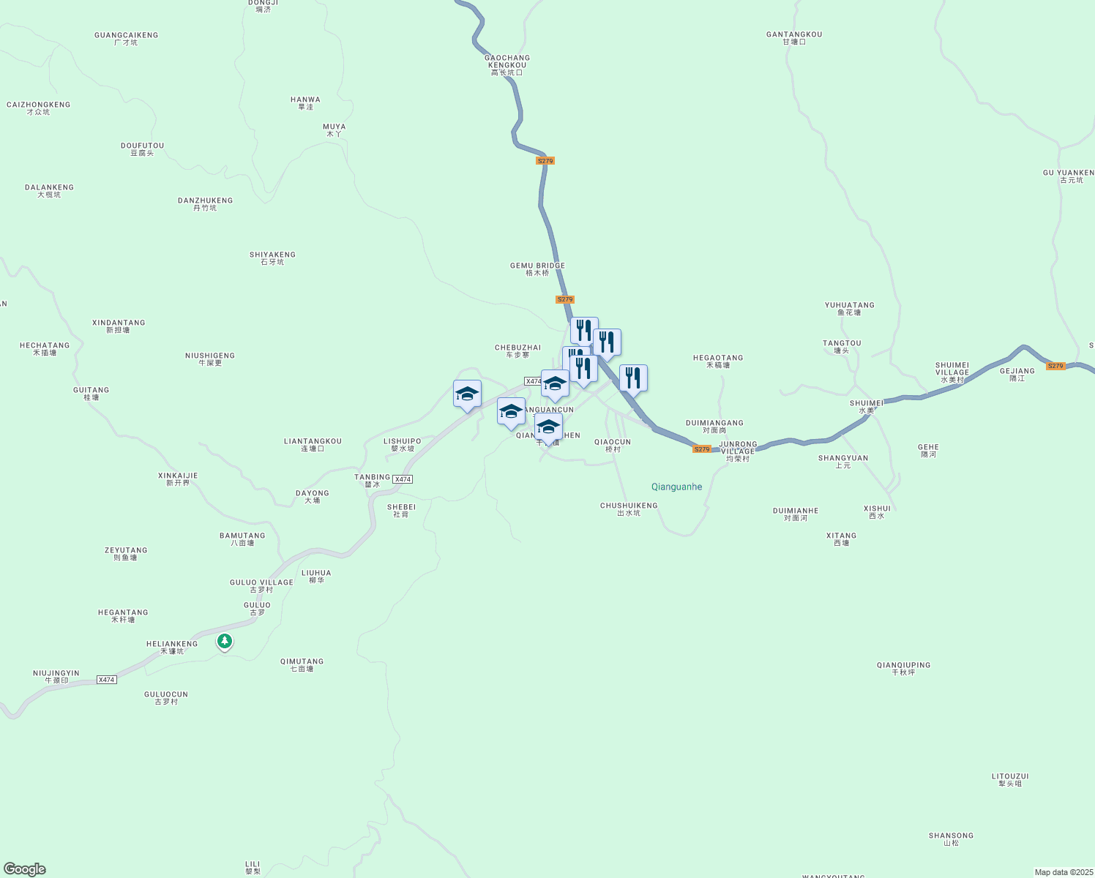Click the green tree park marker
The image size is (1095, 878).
(x=225, y=642)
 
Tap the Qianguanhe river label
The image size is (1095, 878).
(x=676, y=487)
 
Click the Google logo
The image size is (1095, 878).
(x=25, y=869)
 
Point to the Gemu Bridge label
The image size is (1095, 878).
(x=537, y=269)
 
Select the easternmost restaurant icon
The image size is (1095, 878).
(x=633, y=378)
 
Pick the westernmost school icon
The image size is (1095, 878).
(x=467, y=394)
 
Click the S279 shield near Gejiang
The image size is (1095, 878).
(x=1055, y=366)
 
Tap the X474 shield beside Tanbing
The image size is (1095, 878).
(x=403, y=479)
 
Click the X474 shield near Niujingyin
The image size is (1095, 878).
(x=107, y=680)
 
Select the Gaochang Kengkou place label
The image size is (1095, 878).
(x=507, y=65)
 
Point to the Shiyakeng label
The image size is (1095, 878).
(x=272, y=258)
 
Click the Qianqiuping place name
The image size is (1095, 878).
(x=903, y=669)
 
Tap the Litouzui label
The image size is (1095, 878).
(x=1010, y=780)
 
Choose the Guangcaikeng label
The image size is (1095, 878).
(x=126, y=39)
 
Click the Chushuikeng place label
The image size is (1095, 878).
(x=629, y=509)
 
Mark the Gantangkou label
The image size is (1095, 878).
(x=794, y=38)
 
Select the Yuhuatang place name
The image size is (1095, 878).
(x=849, y=309)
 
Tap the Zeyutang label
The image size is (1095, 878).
(x=126, y=554)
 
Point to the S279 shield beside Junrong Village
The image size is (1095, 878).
(x=701, y=449)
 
